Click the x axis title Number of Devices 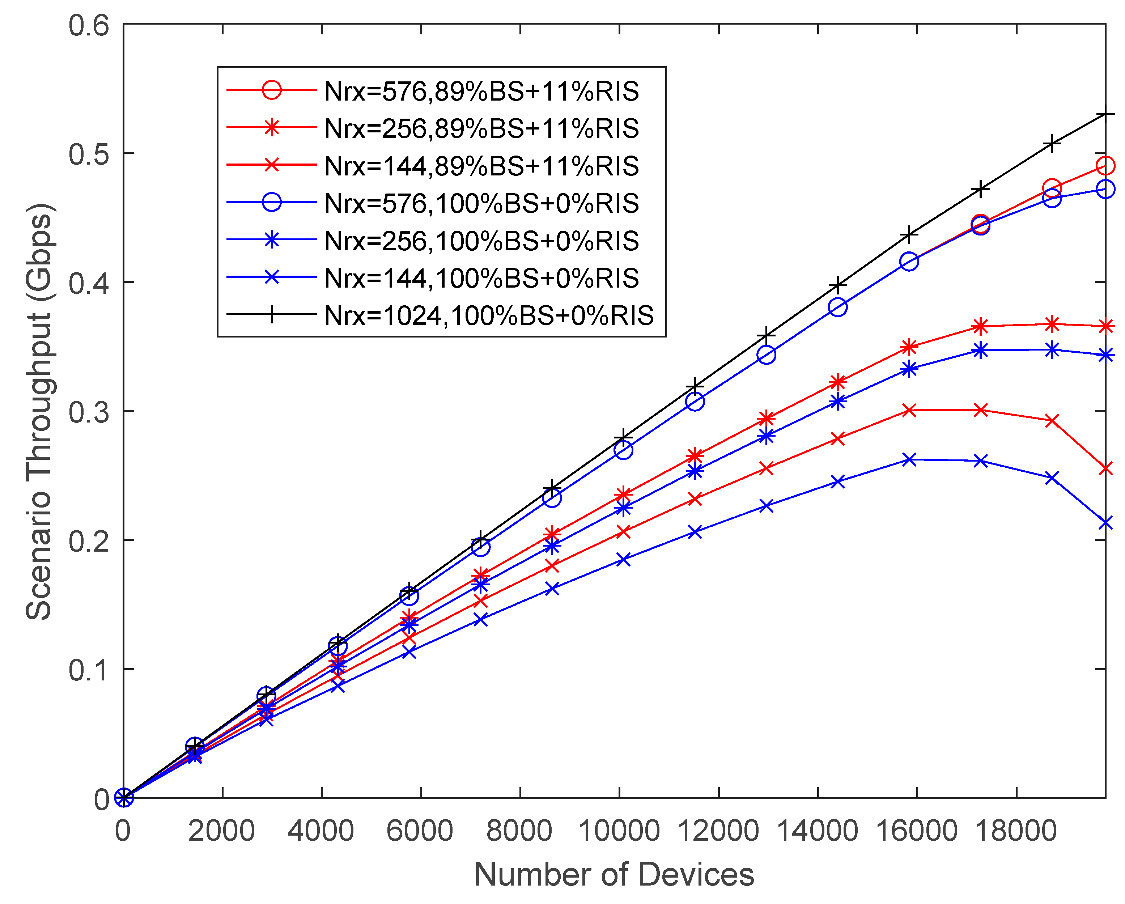point(614,875)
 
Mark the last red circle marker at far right point(1105,166)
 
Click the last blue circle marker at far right point(1105,189)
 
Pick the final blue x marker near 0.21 point(1105,522)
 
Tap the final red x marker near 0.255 point(1105,468)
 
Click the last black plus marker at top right point(1105,114)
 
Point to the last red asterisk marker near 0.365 point(1105,327)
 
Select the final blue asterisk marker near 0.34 point(1105,356)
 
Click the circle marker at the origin point(124,798)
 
